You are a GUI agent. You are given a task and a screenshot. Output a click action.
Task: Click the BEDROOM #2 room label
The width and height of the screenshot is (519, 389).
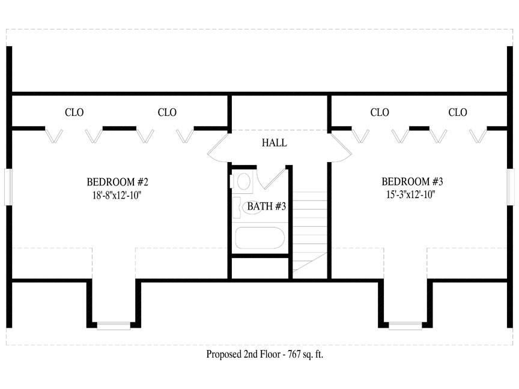pyautogui.click(x=118, y=182)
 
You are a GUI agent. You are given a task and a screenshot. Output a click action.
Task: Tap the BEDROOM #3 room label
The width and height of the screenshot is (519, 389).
pyautogui.click(x=412, y=182)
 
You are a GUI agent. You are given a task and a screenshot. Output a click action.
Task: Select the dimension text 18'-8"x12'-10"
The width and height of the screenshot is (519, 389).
pyautogui.click(x=117, y=195)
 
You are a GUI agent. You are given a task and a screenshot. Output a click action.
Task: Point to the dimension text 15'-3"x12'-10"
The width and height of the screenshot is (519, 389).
pyautogui.click(x=411, y=194)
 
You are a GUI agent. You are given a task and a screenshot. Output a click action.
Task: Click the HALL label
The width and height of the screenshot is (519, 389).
pyautogui.click(x=275, y=143)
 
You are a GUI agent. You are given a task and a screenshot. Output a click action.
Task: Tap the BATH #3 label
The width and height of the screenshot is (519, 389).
pyautogui.click(x=267, y=207)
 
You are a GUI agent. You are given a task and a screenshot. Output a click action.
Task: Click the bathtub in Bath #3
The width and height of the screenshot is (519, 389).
pyautogui.click(x=260, y=238)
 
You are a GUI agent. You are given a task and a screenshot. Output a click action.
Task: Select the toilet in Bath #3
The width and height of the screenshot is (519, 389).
pyautogui.click(x=241, y=181)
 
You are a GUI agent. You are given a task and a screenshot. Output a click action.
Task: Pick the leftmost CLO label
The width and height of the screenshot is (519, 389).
pyautogui.click(x=74, y=112)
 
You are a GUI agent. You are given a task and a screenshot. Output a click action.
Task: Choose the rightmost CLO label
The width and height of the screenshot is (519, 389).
pyautogui.click(x=458, y=112)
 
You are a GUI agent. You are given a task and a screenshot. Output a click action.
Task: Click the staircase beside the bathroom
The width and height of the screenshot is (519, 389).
pyautogui.click(x=310, y=232)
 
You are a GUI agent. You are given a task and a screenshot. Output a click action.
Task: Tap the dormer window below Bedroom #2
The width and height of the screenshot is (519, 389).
pyautogui.click(x=114, y=326)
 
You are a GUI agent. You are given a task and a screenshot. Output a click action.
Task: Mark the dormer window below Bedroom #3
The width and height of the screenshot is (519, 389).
pyautogui.click(x=405, y=326)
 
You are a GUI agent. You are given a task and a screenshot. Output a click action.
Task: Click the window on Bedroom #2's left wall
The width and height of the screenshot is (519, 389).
pyautogui.click(x=8, y=187)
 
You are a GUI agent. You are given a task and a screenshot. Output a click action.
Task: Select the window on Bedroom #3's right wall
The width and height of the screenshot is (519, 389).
pyautogui.click(x=511, y=187)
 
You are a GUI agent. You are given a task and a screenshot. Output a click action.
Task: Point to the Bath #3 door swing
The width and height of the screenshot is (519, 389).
pyautogui.click(x=272, y=179)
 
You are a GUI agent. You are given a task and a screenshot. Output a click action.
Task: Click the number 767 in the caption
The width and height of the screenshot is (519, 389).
pyautogui.click(x=294, y=354)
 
